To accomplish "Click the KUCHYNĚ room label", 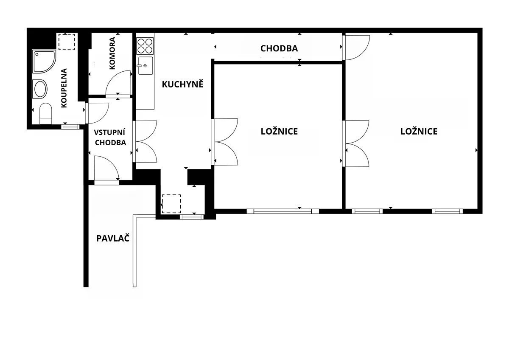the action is click(182, 84).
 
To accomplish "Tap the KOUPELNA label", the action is click(64, 88).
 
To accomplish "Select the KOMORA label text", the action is click(112, 53).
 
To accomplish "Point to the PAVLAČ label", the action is click(113, 238).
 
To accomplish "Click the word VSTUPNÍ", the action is click(109, 132).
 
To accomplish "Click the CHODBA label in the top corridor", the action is click(279, 48).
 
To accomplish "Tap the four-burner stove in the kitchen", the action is click(145, 46).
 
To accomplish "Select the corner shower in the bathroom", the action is click(44, 62).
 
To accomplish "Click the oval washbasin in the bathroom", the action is click(40, 89).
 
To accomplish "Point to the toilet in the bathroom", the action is click(46, 113).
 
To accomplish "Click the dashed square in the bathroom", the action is click(67, 42).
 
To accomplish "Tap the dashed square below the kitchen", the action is click(171, 204).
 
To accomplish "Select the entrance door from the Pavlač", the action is click(106, 169).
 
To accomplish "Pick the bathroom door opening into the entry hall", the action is click(97, 113).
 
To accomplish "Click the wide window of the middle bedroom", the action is click(282, 211).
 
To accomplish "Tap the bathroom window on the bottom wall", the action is click(71, 127).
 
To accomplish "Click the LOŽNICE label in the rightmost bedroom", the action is click(419, 132).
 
